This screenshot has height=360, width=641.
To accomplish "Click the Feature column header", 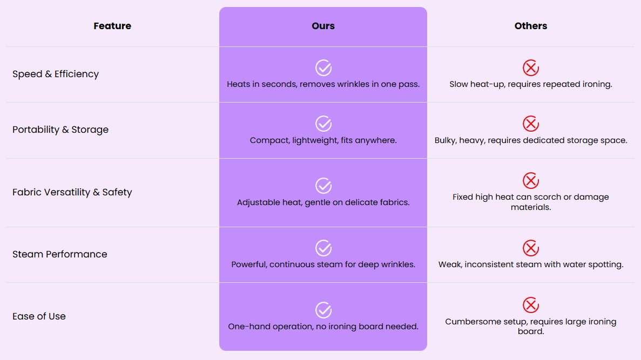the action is click(x=112, y=26).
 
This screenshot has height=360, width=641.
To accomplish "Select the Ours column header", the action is click(x=323, y=26).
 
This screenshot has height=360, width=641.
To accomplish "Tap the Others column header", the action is click(x=531, y=26).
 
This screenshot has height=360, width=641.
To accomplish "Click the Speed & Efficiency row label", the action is click(x=56, y=74).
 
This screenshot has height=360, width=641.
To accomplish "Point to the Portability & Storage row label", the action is click(x=60, y=130).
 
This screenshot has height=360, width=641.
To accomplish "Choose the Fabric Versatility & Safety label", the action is click(x=72, y=192).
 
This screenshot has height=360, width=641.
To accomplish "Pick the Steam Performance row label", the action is click(x=60, y=254).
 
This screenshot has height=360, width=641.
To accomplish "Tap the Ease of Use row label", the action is click(x=39, y=316).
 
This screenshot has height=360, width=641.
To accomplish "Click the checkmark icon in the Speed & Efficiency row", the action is click(x=323, y=68).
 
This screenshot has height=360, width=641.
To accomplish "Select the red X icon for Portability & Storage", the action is click(x=531, y=124).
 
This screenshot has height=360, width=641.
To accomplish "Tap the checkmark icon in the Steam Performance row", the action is click(x=323, y=248).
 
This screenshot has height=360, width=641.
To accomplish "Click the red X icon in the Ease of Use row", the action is click(x=531, y=305).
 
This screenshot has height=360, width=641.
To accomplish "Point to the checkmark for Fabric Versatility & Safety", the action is click(x=323, y=186).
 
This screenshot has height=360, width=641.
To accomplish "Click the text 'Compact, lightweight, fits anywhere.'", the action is click(x=323, y=140).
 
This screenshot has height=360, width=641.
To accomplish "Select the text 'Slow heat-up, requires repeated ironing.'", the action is click(x=531, y=84).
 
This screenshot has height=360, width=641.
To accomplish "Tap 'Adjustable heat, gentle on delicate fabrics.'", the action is click(x=323, y=202).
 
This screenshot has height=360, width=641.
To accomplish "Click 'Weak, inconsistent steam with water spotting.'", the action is click(x=531, y=264).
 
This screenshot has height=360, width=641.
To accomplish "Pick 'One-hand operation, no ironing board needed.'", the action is click(x=323, y=327).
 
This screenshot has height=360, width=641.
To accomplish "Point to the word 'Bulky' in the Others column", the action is click(x=446, y=140).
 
